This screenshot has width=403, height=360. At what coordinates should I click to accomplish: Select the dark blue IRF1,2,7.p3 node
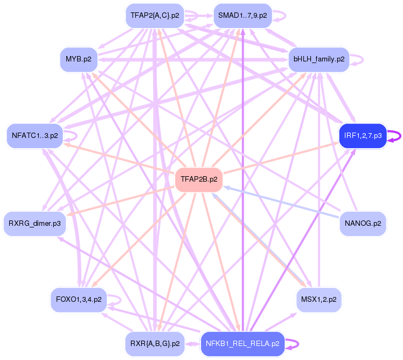click(x=363, y=136)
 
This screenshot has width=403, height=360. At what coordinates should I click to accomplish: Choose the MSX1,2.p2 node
click(x=319, y=299)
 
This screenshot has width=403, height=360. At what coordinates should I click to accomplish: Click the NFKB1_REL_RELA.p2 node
click(x=242, y=343)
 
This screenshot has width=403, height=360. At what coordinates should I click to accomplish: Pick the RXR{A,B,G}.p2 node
click(x=155, y=343)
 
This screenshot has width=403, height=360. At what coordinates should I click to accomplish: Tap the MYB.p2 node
click(x=79, y=58)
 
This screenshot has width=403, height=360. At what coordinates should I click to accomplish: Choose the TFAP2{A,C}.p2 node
click(x=155, y=15)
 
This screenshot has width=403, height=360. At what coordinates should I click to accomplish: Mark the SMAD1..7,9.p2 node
click(x=242, y=15)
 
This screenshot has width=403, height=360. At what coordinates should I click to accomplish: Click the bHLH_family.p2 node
click(x=319, y=58)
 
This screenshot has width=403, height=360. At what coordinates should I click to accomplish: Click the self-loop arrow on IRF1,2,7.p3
click(x=399, y=136)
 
